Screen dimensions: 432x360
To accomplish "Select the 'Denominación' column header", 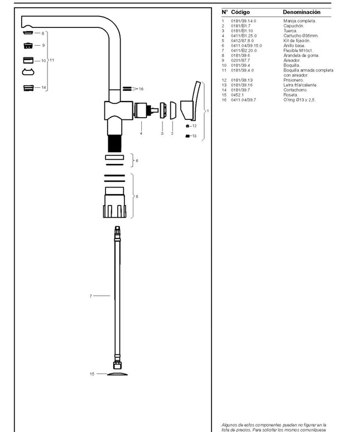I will click(x=301, y=12).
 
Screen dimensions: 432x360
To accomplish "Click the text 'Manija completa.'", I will click(x=299, y=21).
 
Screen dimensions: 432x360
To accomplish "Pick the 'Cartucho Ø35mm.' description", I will click(x=300, y=36).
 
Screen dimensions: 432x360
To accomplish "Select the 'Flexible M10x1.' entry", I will click(x=299, y=50).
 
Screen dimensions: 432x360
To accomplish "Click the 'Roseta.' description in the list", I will click(x=290, y=95).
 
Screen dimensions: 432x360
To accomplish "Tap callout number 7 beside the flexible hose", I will click(x=90, y=296).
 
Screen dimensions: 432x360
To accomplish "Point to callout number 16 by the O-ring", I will click(x=141, y=89).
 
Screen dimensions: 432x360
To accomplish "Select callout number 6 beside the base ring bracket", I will click(x=137, y=161).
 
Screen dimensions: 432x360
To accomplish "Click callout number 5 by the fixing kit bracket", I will click(x=137, y=196).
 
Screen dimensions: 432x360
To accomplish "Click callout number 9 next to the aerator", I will click(x=43, y=45).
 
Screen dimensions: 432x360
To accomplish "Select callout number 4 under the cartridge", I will click(x=141, y=133).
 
